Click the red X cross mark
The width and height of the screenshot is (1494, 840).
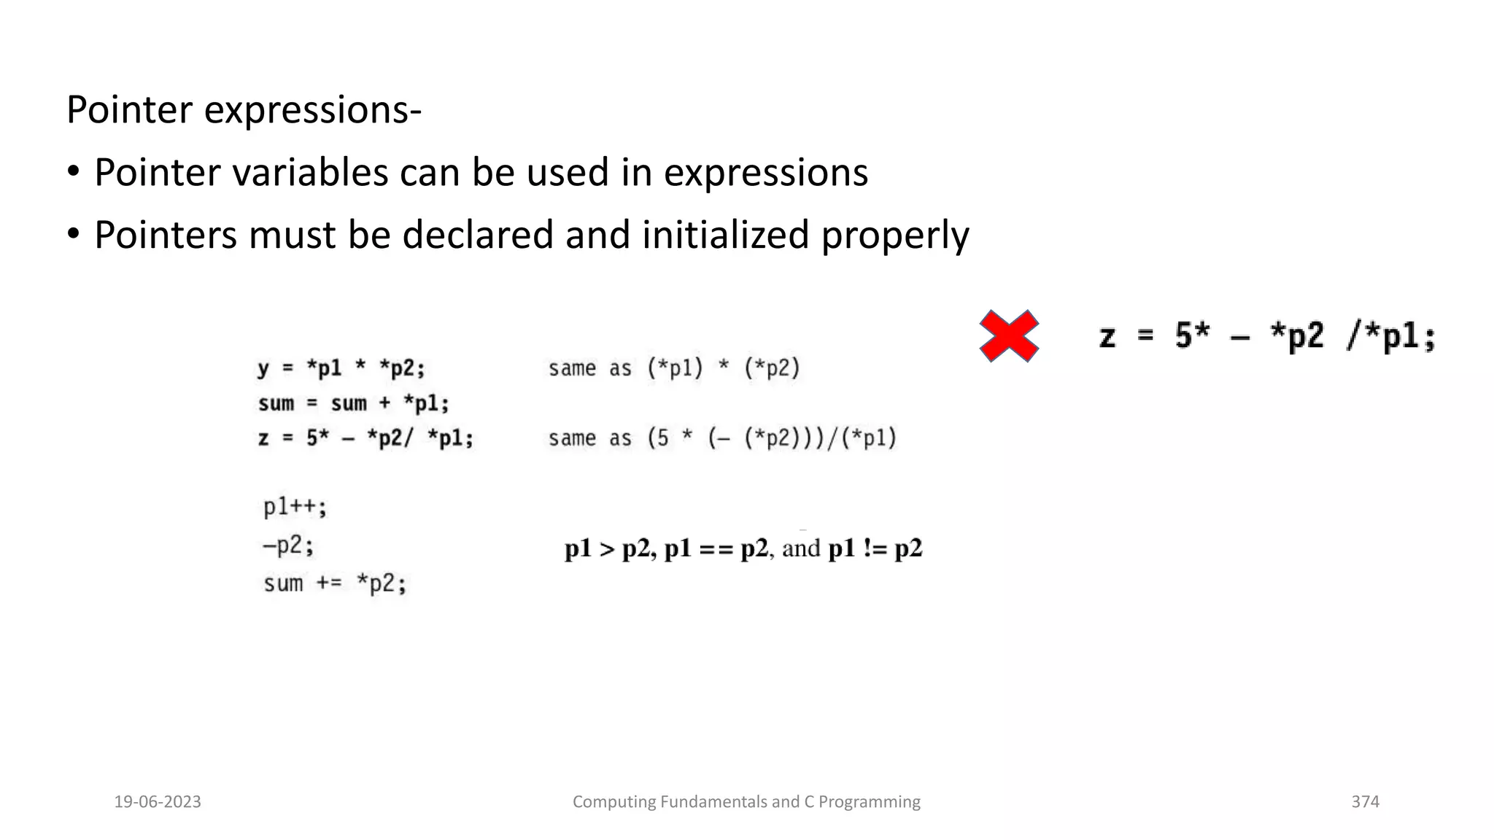tap(1009, 336)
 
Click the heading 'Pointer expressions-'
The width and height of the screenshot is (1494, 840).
tap(244, 110)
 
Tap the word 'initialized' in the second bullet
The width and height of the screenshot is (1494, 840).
tap(725, 236)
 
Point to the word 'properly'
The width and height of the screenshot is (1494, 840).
tap(895, 236)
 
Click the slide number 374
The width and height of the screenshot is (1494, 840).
tap(1365, 802)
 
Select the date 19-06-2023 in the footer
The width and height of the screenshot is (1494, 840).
tap(158, 802)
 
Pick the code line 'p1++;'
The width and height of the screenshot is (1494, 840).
tap(295, 507)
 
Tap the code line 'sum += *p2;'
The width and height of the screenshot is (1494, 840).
tap(335, 583)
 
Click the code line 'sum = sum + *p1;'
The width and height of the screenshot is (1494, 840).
tap(354, 403)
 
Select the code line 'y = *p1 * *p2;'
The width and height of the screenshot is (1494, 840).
tap(341, 368)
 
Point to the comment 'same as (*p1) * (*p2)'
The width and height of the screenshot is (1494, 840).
tap(674, 368)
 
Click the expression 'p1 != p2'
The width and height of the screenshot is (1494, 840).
tap(875, 548)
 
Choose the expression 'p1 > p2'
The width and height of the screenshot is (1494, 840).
tap(607, 548)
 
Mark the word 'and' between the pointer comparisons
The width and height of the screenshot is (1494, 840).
tap(801, 548)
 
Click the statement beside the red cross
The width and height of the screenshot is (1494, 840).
tap(1267, 337)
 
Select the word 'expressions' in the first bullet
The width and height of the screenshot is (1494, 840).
tap(765, 173)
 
